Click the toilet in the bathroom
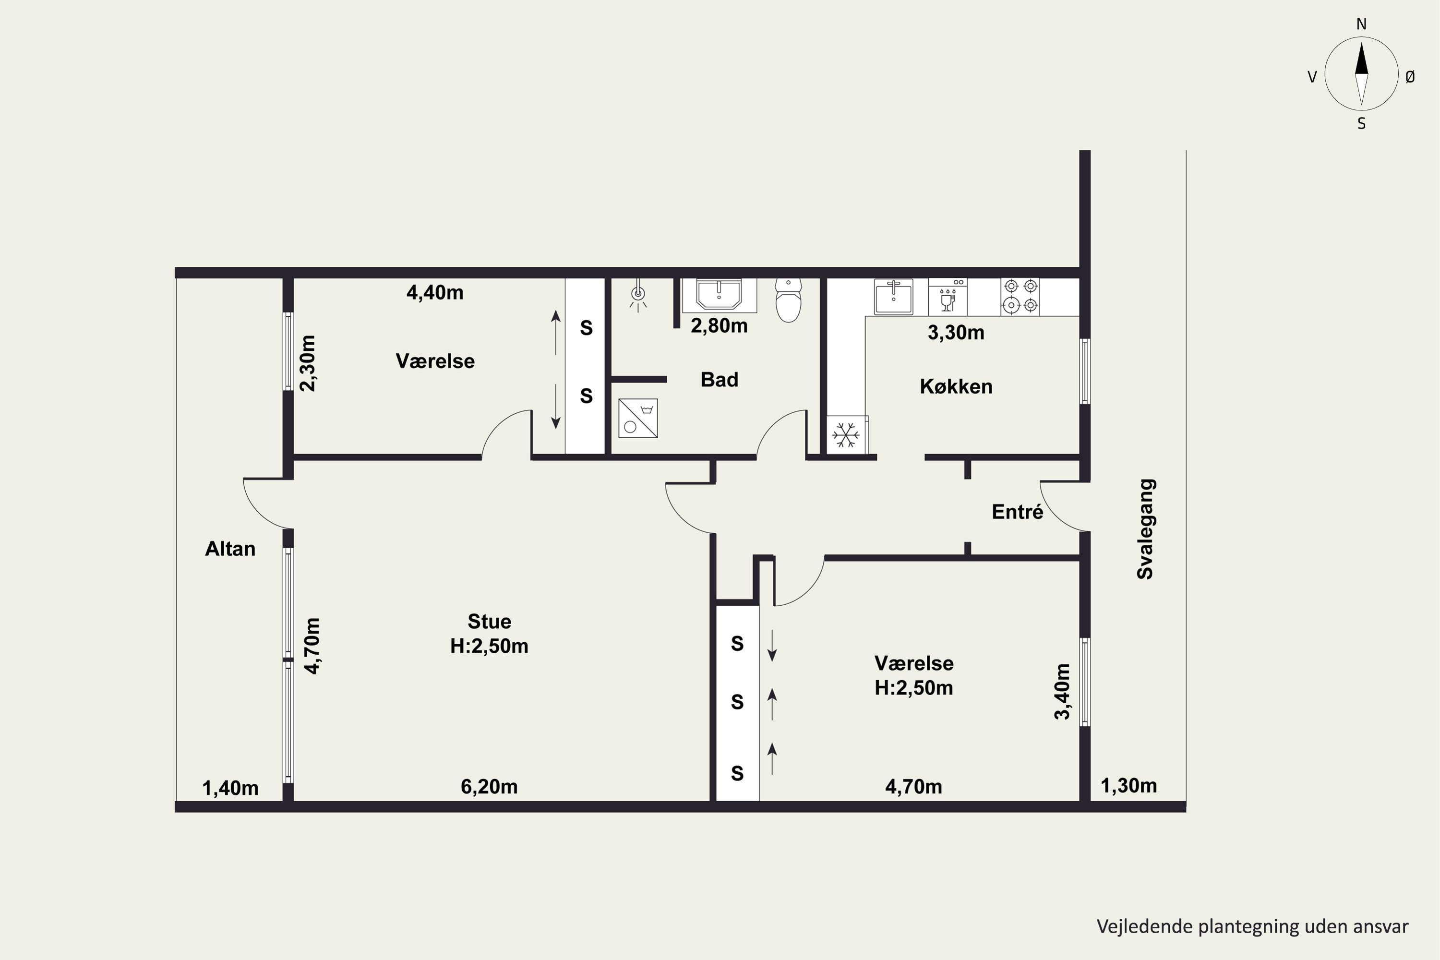(x=788, y=300)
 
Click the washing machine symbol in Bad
(x=638, y=418)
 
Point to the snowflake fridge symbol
(x=846, y=435)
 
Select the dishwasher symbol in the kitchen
(x=948, y=296)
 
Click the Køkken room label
(x=956, y=386)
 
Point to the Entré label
(x=1017, y=511)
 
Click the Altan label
(x=230, y=549)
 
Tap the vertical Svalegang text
(x=1145, y=529)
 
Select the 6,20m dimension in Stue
(x=489, y=787)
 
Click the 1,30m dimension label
(x=1129, y=785)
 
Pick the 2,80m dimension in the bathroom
(x=720, y=326)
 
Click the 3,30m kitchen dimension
(x=956, y=333)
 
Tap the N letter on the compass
(x=1362, y=24)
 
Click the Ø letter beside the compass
(x=1411, y=76)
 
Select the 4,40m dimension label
(x=435, y=293)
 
